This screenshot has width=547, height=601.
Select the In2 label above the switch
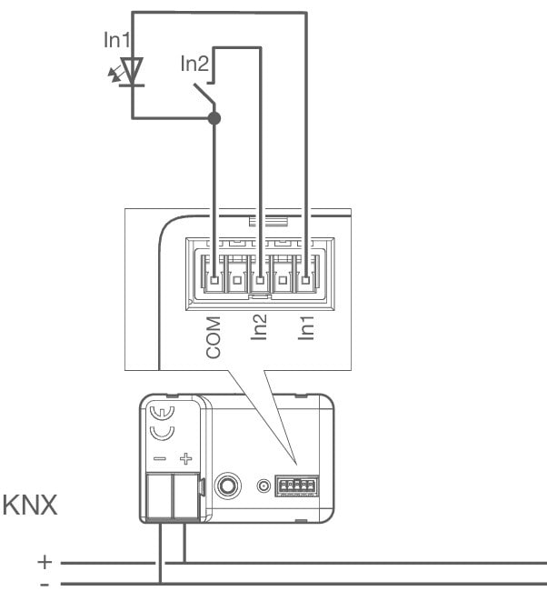[194, 64]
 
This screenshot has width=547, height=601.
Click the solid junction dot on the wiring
[214, 118]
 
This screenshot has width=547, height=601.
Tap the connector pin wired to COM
[214, 280]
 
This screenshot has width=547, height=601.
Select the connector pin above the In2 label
[260, 280]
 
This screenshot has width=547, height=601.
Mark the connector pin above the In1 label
[306, 280]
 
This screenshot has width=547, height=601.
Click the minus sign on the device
[160, 460]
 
